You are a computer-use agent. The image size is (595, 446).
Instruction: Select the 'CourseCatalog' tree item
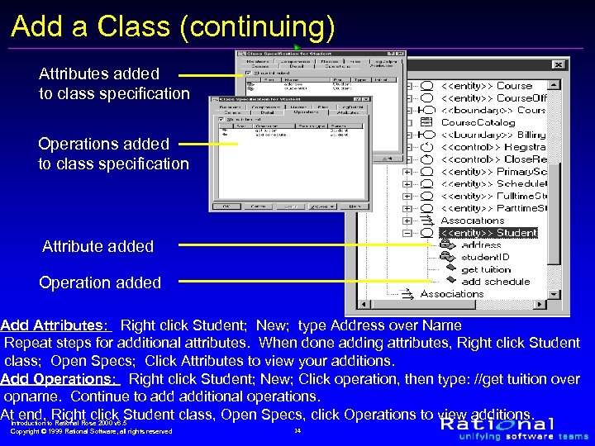tap(478, 122)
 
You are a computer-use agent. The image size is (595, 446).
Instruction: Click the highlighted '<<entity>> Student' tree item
tap(488, 233)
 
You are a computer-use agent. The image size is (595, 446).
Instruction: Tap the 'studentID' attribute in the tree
tap(485, 257)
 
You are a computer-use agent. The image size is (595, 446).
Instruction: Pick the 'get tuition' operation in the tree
tap(486, 269)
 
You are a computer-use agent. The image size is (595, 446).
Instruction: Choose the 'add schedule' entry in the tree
tap(495, 282)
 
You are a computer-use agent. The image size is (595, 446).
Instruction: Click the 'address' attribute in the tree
tap(481, 245)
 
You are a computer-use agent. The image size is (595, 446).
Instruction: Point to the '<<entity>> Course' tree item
tap(487, 85)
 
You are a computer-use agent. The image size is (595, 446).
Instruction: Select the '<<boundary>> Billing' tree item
tap(493, 135)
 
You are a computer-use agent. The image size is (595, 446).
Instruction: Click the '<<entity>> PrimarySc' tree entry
tap(493, 172)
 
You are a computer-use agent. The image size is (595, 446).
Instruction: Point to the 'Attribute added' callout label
tap(98, 246)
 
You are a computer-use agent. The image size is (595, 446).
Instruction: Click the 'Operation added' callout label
tap(100, 282)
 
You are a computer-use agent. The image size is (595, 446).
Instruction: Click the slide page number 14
tap(297, 430)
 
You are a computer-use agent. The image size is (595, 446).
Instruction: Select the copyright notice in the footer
tap(91, 431)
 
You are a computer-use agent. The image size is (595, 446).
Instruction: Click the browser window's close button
tap(559, 64)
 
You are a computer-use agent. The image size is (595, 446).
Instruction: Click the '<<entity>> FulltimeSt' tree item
tap(493, 196)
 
